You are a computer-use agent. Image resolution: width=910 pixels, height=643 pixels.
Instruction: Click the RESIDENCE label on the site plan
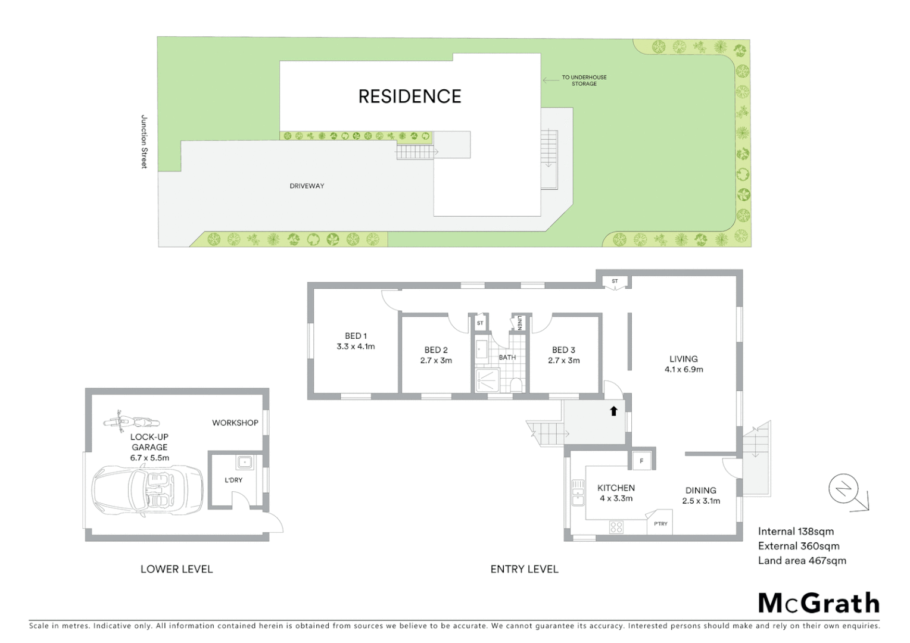(410, 96)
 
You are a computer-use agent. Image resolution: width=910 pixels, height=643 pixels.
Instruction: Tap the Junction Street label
(144, 142)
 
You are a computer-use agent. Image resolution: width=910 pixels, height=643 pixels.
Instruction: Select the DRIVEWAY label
(307, 186)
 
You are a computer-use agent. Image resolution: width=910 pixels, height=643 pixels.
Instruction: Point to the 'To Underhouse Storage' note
(584, 80)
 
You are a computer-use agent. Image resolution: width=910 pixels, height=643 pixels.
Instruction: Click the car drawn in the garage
(147, 489)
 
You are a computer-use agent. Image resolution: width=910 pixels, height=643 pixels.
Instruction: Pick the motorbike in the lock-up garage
(131, 422)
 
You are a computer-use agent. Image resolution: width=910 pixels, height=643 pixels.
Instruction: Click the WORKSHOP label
(235, 423)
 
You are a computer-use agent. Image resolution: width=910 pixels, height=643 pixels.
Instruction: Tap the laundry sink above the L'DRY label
(244, 461)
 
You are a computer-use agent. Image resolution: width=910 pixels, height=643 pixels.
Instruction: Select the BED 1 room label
(356, 336)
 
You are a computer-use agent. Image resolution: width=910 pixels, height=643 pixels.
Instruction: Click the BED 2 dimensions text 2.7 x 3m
(436, 360)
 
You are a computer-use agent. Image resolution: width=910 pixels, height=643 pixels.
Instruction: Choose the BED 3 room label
(563, 350)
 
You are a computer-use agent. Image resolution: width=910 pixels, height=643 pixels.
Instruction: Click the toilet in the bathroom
(516, 384)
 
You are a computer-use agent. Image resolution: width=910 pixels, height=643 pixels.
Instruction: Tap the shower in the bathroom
(487, 380)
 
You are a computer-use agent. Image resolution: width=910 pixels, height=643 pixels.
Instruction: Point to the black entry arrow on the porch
(613, 411)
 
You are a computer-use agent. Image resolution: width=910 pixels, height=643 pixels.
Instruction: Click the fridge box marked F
(641, 461)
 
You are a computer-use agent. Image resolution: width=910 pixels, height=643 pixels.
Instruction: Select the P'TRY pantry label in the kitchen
(660, 524)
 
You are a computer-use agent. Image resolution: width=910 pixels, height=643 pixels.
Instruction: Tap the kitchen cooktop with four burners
(616, 527)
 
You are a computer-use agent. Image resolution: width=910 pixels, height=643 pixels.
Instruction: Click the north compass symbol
(844, 490)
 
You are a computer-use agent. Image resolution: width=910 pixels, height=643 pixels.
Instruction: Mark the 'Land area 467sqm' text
(802, 560)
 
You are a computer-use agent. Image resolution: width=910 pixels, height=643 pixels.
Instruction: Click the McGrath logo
(819, 603)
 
